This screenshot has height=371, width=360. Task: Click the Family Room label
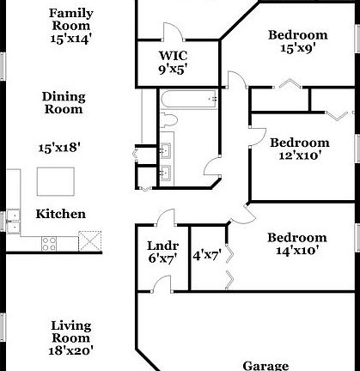pyautogui.click(x=70, y=20)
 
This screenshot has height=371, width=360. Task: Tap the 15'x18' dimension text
pyautogui.click(x=59, y=148)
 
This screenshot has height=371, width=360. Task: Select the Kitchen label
pyautogui.click(x=60, y=214)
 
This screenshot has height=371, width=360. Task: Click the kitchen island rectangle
pyautogui.click(x=56, y=182)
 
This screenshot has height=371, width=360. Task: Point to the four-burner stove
pyautogui.click(x=49, y=244)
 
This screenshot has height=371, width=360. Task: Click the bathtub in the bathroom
pyautogui.click(x=188, y=99)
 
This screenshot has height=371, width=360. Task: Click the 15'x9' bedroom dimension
pyautogui.click(x=298, y=48)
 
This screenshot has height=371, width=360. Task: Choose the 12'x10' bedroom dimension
pyautogui.click(x=300, y=155)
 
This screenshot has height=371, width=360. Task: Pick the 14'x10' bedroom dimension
pyautogui.click(x=297, y=251)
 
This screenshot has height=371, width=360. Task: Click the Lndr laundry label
pyautogui.click(x=163, y=246)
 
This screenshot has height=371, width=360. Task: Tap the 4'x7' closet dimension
pyautogui.click(x=207, y=255)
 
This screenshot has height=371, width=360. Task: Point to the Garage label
pyautogui.click(x=265, y=366)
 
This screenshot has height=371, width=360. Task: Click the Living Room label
pyautogui.click(x=71, y=331)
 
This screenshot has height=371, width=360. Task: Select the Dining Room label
pyautogui.click(x=64, y=103)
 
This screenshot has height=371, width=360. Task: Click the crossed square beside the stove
pyautogui.click(x=90, y=241)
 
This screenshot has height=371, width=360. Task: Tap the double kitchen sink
pyautogui.click(x=14, y=222)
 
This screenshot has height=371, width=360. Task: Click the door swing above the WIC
pyautogui.click(x=174, y=31)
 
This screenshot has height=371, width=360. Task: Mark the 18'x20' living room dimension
pyautogui.click(x=70, y=350)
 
